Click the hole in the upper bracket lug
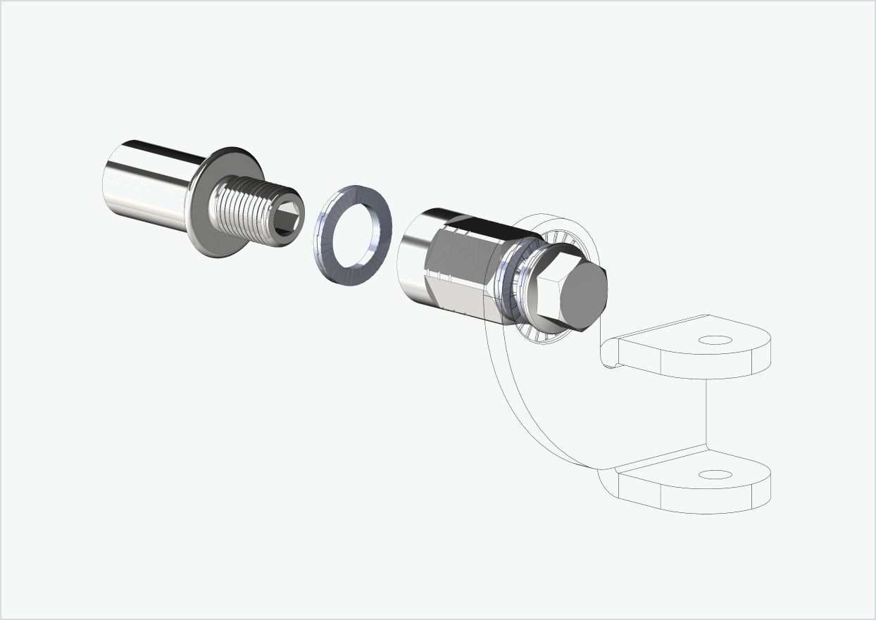click(715, 341)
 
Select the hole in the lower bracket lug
click(715, 475)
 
